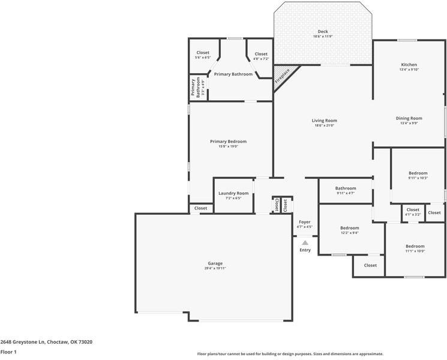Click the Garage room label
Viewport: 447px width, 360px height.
pos(215,263)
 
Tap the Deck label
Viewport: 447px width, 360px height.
pos(323,32)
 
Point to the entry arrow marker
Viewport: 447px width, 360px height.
pos(305,242)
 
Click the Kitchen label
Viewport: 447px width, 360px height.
pos(409,65)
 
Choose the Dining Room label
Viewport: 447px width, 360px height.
pos(409,118)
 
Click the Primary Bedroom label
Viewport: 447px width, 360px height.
pos(228,142)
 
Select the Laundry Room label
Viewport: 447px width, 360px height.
pos(233,193)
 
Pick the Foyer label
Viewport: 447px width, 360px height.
pos(305,222)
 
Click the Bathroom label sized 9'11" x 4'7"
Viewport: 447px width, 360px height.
pos(346,188)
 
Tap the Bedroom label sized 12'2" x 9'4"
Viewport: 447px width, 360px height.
pos(349,228)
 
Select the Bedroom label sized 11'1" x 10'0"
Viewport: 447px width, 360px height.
pos(415,246)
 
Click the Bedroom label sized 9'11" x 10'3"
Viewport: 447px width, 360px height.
pos(418,173)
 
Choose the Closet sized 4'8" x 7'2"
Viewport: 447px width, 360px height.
pos(261,54)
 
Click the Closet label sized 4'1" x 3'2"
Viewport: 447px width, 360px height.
pos(413,210)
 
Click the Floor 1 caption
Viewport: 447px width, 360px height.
pos(8,352)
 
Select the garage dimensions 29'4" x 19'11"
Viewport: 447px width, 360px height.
pos(215,268)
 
